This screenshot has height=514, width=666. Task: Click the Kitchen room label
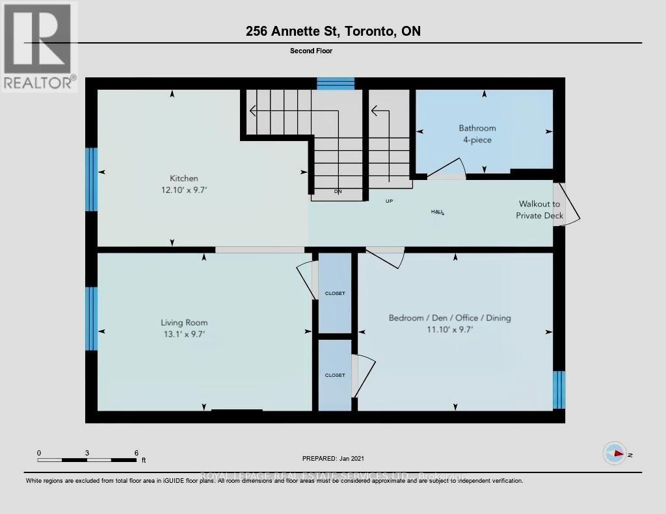(x=183, y=178)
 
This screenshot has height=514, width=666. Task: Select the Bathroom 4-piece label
(x=477, y=134)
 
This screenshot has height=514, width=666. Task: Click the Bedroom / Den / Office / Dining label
(x=449, y=318)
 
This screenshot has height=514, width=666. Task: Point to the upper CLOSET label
(x=335, y=294)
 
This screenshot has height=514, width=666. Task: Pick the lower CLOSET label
(x=335, y=375)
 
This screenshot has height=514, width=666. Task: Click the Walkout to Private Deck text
(x=539, y=210)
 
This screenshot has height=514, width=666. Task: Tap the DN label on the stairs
(x=338, y=192)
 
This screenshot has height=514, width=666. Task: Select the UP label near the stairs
(x=389, y=201)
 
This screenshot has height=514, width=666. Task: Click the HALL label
(x=437, y=212)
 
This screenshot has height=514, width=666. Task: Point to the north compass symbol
(x=614, y=454)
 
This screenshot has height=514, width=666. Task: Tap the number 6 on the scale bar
(x=136, y=452)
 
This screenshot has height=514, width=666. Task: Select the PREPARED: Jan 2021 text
(x=333, y=458)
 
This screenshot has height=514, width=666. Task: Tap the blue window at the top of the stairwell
(x=336, y=83)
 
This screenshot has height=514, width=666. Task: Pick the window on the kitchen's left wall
(x=92, y=179)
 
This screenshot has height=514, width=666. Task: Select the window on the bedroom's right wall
(x=559, y=389)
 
